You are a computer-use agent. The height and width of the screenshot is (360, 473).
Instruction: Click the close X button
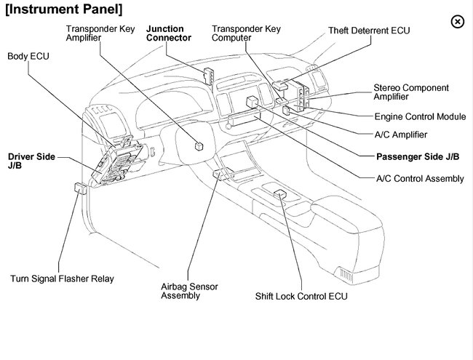pyautogui.click(x=457, y=21)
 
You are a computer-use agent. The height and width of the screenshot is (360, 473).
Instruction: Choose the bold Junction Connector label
pyautogui.click(x=169, y=33)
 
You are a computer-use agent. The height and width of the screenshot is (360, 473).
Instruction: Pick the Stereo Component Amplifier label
pyautogui.click(x=411, y=92)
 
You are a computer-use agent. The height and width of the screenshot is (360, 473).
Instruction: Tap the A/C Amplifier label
pyautogui.click(x=400, y=135)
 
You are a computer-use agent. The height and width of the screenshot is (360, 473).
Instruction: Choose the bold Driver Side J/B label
pyautogui.click(x=31, y=161)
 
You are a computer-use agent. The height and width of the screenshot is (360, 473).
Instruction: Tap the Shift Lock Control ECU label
pyautogui.click(x=301, y=297)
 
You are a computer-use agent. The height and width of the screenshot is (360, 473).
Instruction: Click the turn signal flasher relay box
pyautogui.click(x=80, y=188)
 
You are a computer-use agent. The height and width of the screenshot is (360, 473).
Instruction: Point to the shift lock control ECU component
pyautogui.click(x=280, y=194)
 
